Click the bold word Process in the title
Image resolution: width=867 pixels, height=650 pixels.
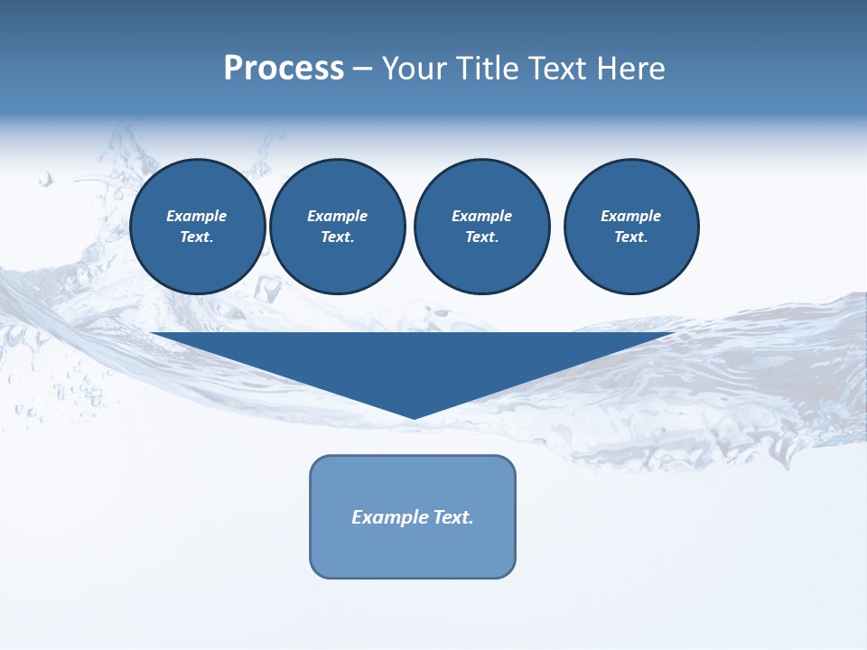point(284,69)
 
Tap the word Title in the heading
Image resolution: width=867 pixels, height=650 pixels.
point(486,69)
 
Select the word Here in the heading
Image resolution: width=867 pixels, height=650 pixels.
point(629,69)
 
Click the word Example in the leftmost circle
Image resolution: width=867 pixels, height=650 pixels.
point(197,216)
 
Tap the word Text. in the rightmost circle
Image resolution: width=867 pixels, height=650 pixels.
point(631,237)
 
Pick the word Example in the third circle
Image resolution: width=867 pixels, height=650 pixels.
point(481,216)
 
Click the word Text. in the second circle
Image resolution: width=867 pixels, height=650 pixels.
point(338,237)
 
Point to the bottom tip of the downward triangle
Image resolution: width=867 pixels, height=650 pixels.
point(415,417)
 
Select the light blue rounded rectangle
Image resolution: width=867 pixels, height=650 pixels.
point(413,551)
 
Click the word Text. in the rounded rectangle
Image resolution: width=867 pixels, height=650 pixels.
point(454,517)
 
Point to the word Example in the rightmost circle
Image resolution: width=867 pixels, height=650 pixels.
point(631,216)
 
